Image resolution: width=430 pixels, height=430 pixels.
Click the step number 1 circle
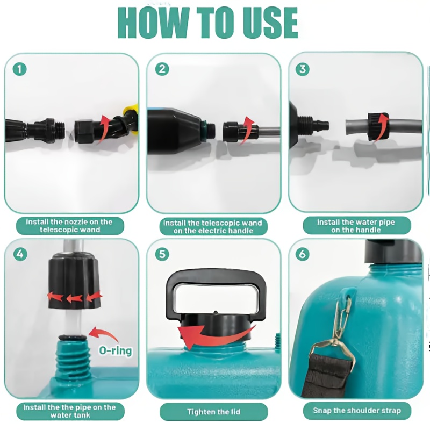point(20,69)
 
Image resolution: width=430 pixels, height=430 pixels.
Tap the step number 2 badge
point(162,69)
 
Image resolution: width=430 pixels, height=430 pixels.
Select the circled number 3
point(303,69)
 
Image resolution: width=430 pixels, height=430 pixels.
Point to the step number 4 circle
point(20,254)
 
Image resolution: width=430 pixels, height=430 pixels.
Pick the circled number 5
point(162,254)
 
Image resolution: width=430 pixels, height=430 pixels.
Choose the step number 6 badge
point(303,254)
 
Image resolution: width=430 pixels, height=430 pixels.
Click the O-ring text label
point(116,350)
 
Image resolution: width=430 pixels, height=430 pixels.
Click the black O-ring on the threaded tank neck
point(73,337)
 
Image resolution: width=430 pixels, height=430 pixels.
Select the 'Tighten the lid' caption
point(213,412)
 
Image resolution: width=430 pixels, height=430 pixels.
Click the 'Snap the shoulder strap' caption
point(357,411)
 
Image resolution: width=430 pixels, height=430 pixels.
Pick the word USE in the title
point(270,23)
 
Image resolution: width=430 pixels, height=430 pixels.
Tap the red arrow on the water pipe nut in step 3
point(382,126)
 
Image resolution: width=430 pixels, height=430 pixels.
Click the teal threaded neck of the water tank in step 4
point(73,359)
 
